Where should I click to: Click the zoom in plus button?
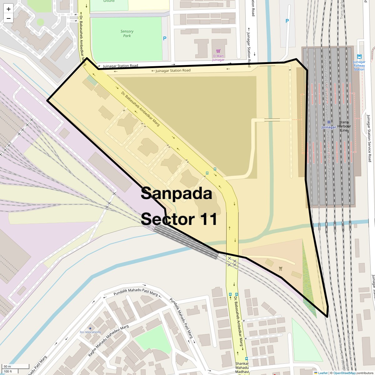8,9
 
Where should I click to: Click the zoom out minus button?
8,18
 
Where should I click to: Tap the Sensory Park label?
127,33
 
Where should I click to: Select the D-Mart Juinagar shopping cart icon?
218,51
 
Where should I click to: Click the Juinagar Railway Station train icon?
359,57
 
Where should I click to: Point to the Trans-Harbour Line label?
344,126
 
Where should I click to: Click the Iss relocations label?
90,332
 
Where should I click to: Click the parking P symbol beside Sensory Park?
165,38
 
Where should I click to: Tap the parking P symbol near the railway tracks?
287,21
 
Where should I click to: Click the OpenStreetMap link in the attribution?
344,373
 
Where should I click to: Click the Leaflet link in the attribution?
323,373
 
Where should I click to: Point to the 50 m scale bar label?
7,366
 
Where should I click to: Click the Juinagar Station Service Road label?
369,137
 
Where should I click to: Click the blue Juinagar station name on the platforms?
328,127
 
